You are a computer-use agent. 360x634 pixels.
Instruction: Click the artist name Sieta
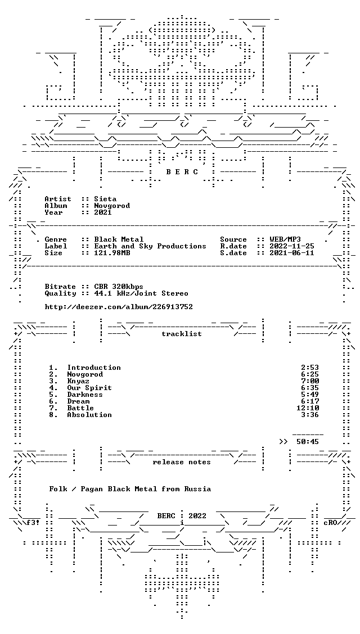click(x=105, y=199)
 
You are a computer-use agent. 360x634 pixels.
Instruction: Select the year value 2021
click(x=103, y=212)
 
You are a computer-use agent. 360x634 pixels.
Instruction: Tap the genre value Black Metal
click(x=119, y=239)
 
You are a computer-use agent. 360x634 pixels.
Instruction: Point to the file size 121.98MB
click(x=112, y=253)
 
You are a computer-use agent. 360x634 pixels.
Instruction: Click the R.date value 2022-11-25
click(x=291, y=246)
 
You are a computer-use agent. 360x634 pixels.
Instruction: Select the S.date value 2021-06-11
click(x=291, y=253)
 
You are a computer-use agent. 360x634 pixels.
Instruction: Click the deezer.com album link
click(x=119, y=307)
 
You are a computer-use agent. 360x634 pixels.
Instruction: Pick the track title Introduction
click(x=94, y=368)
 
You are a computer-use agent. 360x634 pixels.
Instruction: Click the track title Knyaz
click(x=78, y=381)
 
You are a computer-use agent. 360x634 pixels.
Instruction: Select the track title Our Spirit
click(x=89, y=388)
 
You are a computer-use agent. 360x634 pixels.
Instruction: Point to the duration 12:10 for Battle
click(x=308, y=408)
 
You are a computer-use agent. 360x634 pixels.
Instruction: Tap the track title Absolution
click(x=89, y=415)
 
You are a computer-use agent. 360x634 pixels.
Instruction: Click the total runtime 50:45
click(x=308, y=442)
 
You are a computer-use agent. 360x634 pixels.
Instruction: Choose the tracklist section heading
click(x=182, y=334)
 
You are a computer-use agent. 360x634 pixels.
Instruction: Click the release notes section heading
click(x=182, y=462)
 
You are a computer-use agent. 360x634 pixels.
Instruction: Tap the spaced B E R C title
click(x=182, y=172)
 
